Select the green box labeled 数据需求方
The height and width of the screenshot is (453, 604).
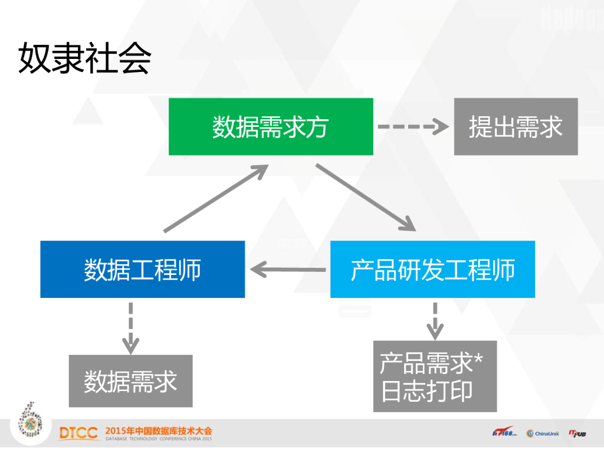pos(271,127)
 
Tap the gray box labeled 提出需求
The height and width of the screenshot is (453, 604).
pos(516,127)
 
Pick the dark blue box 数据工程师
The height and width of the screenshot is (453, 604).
pos(142,270)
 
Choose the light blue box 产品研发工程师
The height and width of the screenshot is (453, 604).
pos(432,270)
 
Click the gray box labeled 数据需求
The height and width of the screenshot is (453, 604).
pos(130,381)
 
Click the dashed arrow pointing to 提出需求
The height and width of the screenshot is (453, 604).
pos(413,126)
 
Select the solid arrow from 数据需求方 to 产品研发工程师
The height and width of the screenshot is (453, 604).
pos(365,197)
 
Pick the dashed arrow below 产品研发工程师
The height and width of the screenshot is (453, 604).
pos(435,320)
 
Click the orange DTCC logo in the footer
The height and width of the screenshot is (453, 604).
pos(79,434)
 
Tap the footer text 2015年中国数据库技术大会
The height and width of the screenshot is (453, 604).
pos(158,430)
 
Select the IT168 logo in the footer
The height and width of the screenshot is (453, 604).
pos(504,434)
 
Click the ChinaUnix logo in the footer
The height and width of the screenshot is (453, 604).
pos(543,434)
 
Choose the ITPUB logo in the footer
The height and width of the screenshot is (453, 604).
pos(577,434)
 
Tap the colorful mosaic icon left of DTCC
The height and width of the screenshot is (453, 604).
pos(32,420)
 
